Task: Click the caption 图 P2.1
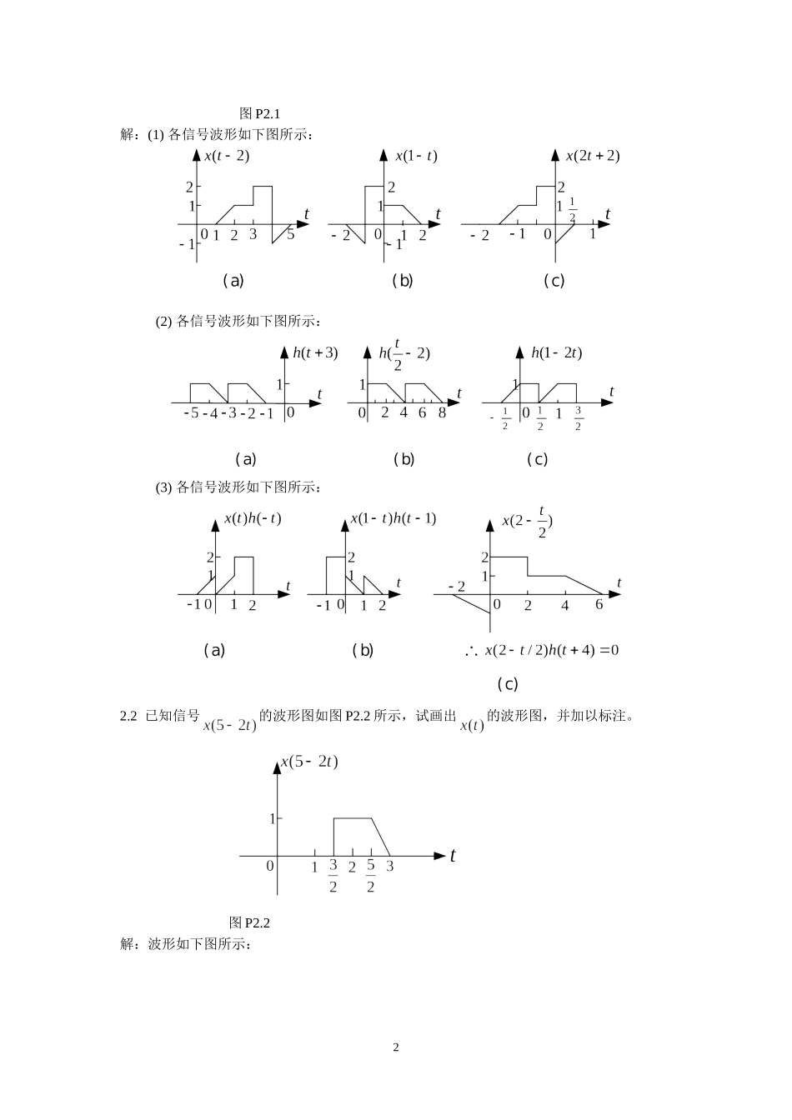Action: (264, 113)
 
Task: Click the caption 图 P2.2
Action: (249, 922)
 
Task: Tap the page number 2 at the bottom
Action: (396, 1047)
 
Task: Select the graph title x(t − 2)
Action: (227, 156)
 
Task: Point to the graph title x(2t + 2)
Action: (593, 156)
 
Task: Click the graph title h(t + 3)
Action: (315, 352)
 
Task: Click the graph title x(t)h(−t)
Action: (253, 518)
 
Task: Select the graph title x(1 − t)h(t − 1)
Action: (393, 518)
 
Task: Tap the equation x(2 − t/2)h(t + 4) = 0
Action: (552, 650)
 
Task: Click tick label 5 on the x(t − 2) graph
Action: (290, 234)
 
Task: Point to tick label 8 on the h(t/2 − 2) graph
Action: (442, 412)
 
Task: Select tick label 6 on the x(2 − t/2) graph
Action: (599, 605)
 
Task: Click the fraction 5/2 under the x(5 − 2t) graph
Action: (371, 876)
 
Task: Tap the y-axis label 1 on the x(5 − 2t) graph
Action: (271, 818)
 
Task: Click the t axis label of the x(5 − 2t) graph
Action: (453, 856)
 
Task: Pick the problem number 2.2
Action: (128, 716)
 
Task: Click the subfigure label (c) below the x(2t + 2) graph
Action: (554, 281)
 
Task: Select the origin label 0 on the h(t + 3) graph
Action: (290, 412)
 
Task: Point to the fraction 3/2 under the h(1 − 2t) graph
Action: (578, 419)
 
